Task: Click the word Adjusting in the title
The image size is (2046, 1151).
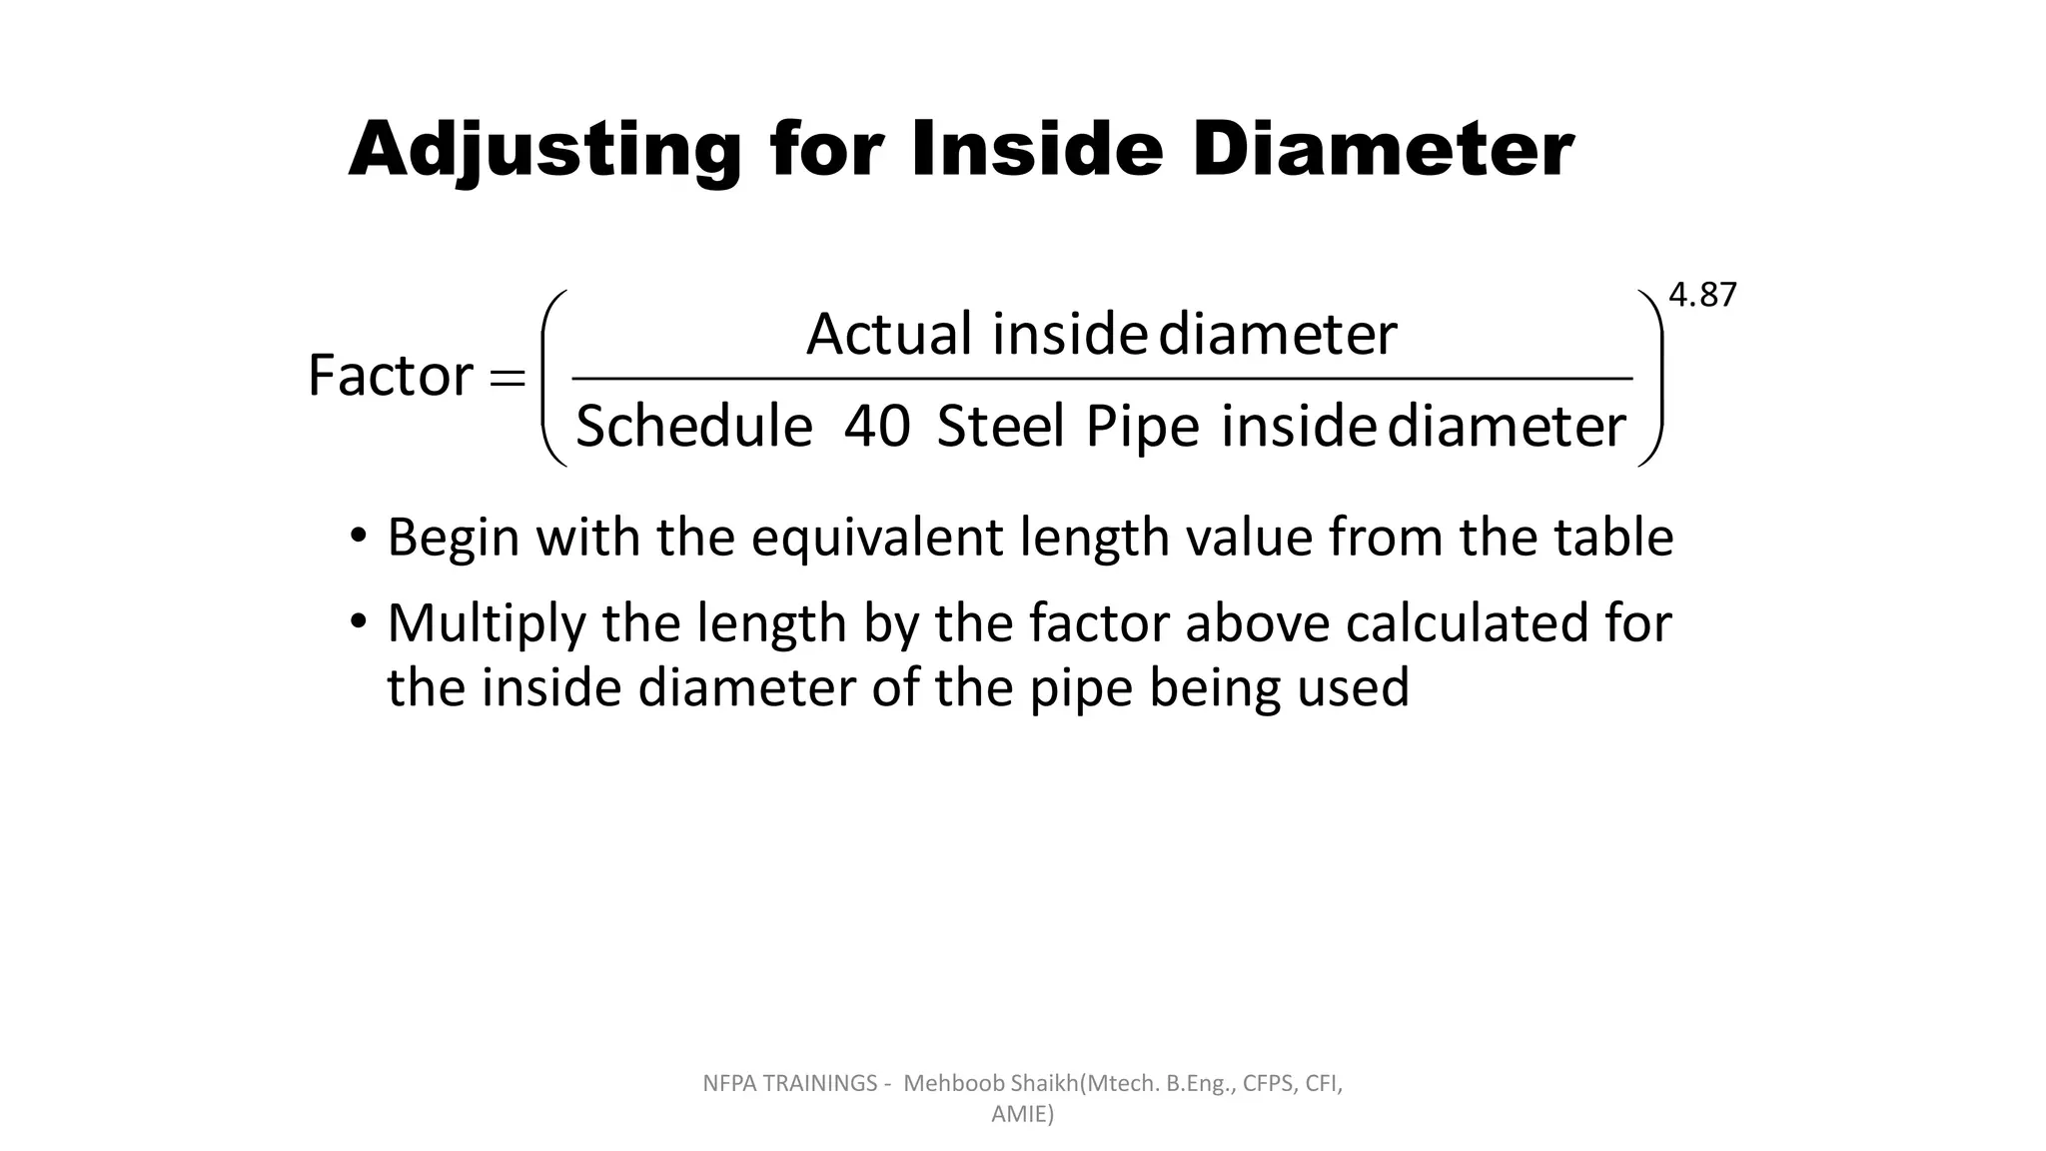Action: pyautogui.click(x=544, y=151)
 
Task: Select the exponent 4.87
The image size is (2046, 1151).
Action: pyautogui.click(x=1702, y=296)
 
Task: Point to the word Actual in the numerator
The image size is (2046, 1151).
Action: pyautogui.click(x=888, y=334)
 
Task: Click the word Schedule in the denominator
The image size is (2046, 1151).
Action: pyautogui.click(x=694, y=427)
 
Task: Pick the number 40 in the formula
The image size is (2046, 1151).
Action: pyautogui.click(x=876, y=427)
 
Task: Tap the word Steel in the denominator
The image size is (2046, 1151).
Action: pyautogui.click(x=1000, y=427)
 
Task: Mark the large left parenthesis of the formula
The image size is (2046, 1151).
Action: pyautogui.click(x=552, y=378)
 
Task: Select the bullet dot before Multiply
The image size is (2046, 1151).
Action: pyautogui.click(x=359, y=621)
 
